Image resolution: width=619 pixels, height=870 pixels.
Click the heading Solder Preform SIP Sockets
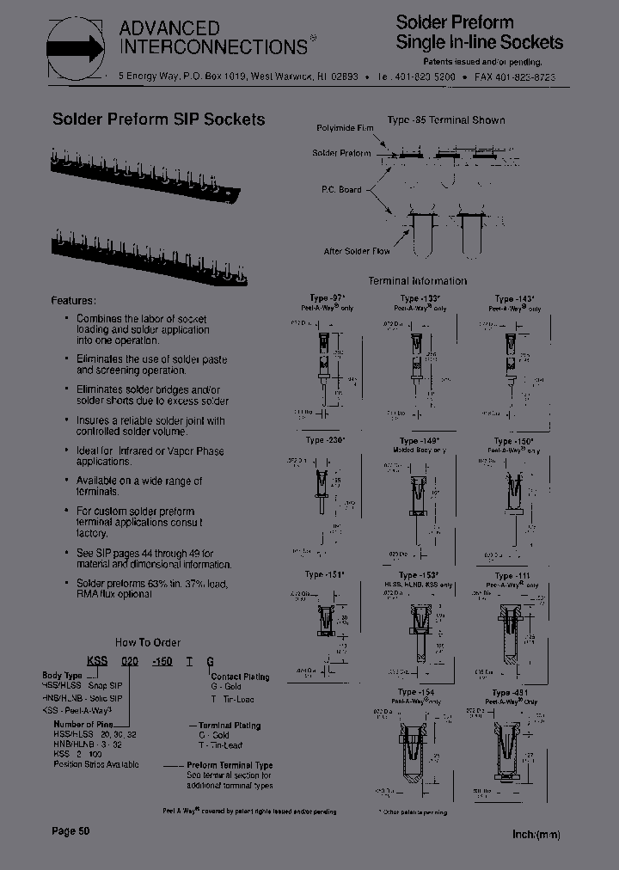[158, 120]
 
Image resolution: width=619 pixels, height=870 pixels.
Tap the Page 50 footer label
[70, 831]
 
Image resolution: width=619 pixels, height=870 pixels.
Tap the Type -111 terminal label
[513, 576]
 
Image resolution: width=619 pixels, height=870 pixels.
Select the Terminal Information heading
[417, 281]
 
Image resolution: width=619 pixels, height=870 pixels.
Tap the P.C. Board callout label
[341, 189]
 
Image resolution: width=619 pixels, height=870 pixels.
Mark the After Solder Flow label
[357, 251]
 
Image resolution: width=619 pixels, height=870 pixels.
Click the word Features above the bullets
[74, 301]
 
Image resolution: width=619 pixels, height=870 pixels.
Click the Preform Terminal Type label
[230, 765]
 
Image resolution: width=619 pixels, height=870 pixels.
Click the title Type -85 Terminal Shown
[445, 120]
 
